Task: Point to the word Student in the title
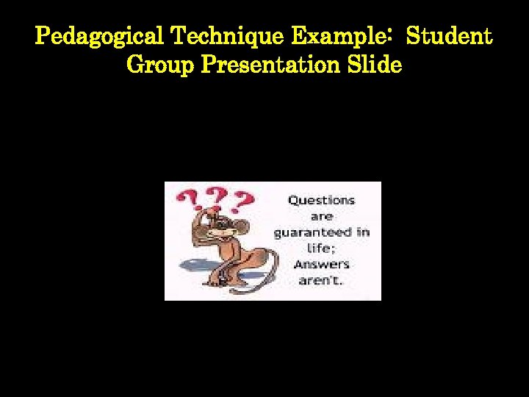click(449, 36)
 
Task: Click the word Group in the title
click(160, 65)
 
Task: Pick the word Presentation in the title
click(270, 65)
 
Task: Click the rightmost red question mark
click(243, 200)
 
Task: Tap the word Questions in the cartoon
click(321, 200)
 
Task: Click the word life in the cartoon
click(320, 248)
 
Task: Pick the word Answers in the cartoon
click(321, 265)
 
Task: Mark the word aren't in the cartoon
click(321, 281)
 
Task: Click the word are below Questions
click(321, 216)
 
